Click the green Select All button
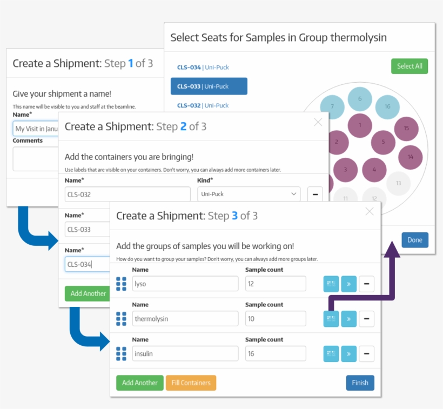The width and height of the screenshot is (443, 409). (410, 66)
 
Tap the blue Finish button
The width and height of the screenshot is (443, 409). (360, 383)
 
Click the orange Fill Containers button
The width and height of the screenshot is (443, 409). (191, 383)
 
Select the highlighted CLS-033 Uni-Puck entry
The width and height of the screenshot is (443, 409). (209, 86)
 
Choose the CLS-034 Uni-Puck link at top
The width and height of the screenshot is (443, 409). (202, 67)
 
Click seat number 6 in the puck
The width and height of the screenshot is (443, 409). (359, 99)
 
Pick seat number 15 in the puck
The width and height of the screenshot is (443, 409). (406, 128)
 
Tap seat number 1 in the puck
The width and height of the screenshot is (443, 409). (360, 126)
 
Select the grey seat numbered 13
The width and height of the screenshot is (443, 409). (398, 183)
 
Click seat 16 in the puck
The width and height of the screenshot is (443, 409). (387, 106)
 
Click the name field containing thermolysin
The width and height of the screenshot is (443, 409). (185, 319)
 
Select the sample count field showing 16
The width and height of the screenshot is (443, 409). (276, 354)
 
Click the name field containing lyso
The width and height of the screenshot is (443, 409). (185, 284)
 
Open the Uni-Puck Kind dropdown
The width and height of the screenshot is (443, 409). (249, 194)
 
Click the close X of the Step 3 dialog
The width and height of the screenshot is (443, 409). (370, 211)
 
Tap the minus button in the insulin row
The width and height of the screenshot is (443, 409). (366, 354)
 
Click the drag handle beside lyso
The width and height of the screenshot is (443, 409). (121, 284)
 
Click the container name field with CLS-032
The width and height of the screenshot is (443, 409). (127, 195)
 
